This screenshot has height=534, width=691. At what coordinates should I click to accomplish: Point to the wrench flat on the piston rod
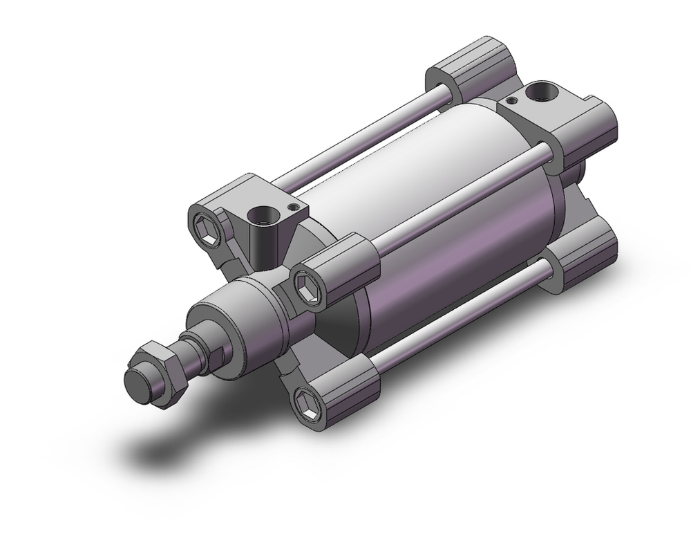coord(217,358)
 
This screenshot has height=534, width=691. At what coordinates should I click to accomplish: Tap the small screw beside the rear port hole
coord(510,102)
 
